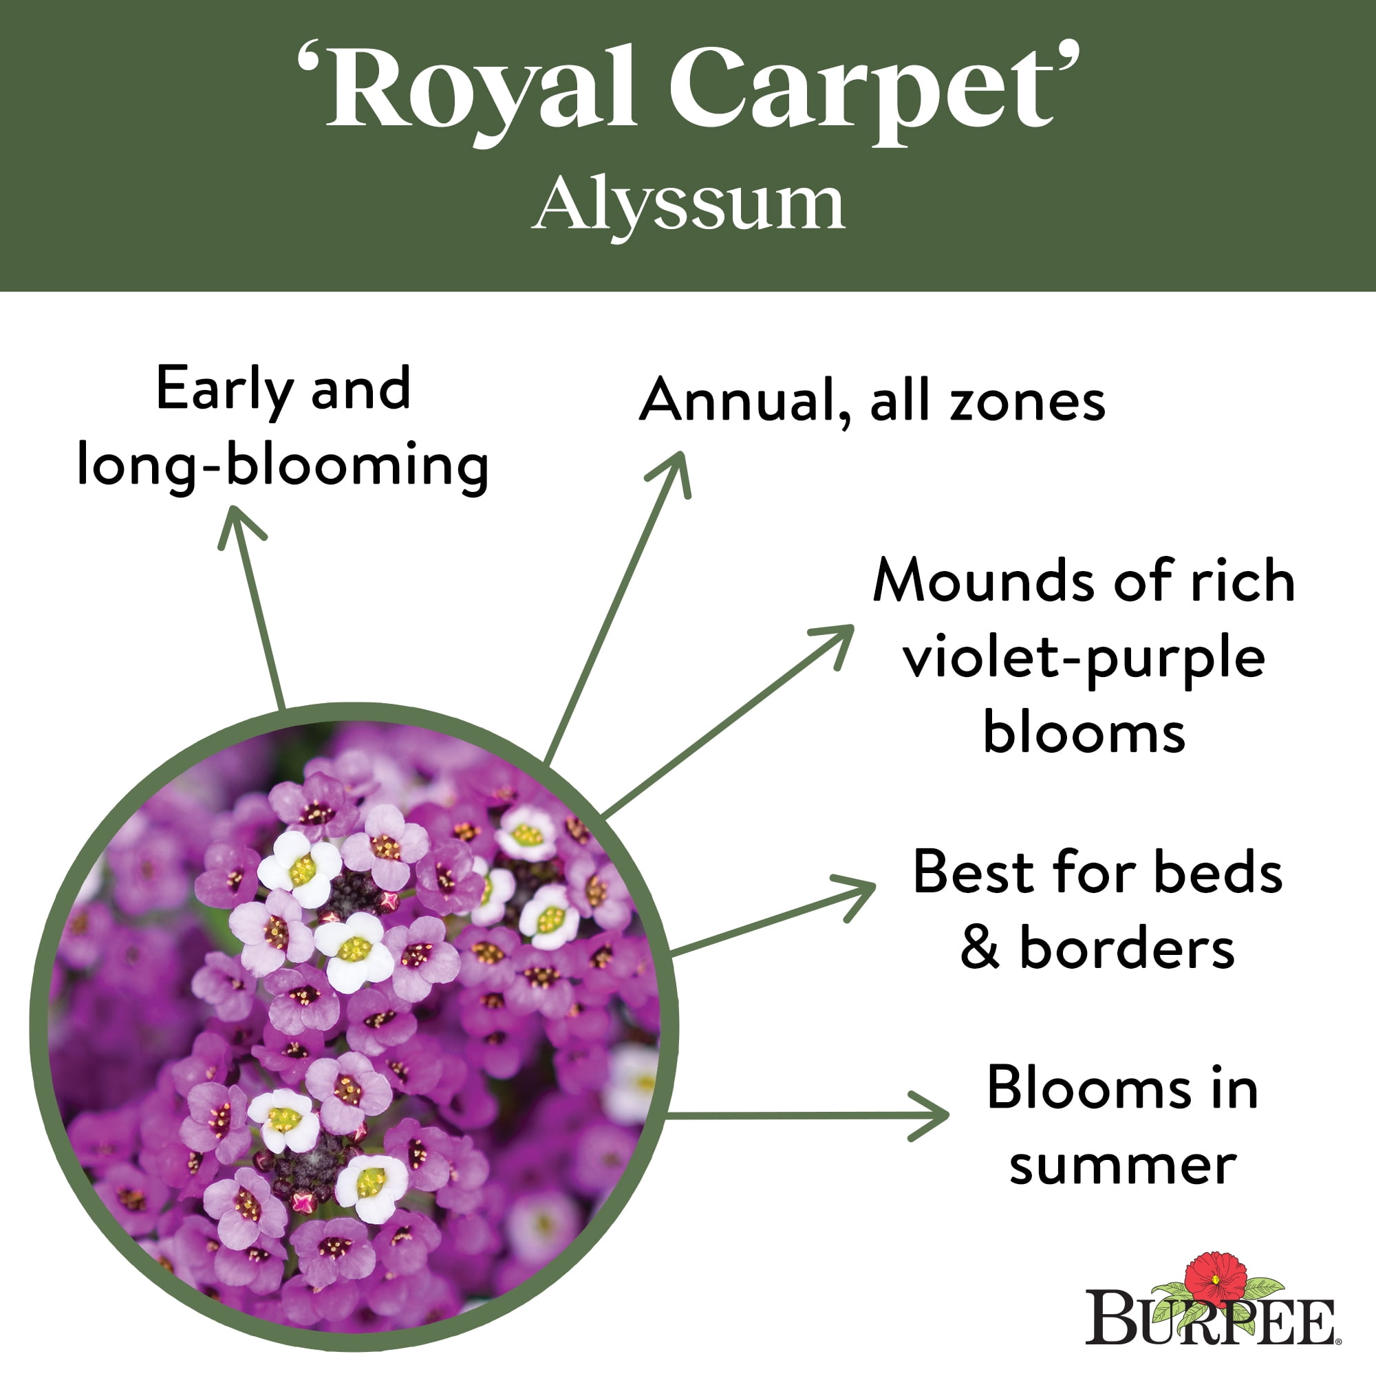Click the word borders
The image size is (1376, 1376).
coord(1127,948)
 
